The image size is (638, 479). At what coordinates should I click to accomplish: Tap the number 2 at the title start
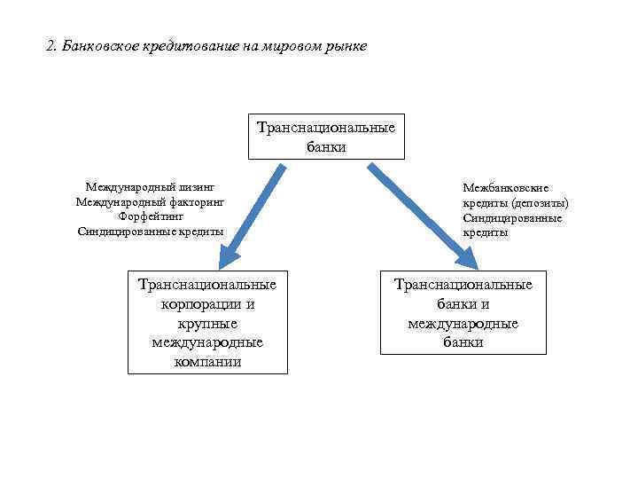click(x=50, y=45)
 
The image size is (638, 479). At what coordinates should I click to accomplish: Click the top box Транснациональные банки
click(x=326, y=137)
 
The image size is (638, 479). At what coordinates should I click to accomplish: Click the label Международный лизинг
click(x=151, y=188)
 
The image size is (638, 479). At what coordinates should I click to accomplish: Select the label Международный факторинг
click(x=151, y=202)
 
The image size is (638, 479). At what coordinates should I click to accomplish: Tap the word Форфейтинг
click(x=151, y=216)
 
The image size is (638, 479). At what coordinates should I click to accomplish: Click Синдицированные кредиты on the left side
click(x=151, y=232)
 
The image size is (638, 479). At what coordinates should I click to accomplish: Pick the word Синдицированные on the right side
click(x=512, y=217)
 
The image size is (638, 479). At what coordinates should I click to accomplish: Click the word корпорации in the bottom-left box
click(x=207, y=304)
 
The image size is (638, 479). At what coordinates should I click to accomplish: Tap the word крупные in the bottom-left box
click(x=207, y=324)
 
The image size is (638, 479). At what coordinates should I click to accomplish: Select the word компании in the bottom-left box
click(x=207, y=362)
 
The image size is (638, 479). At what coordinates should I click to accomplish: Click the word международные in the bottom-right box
click(x=463, y=324)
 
